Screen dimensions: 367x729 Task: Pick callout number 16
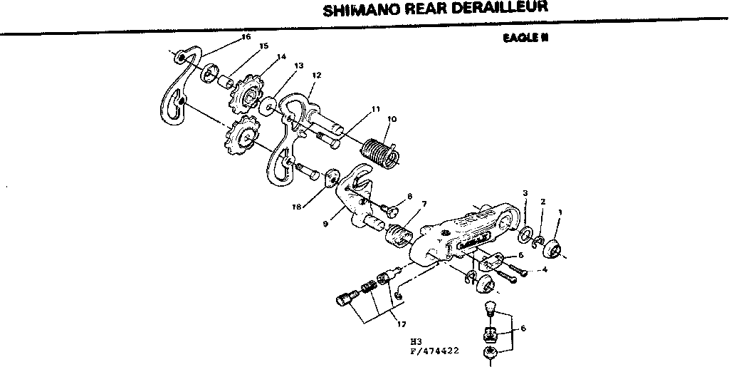pyautogui.click(x=246, y=36)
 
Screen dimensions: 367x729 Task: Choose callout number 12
pyautogui.click(x=317, y=75)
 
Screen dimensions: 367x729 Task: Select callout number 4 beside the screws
pyautogui.click(x=545, y=270)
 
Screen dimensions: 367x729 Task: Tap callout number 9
pyautogui.click(x=325, y=223)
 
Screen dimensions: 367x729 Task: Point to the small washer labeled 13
pyautogui.click(x=268, y=106)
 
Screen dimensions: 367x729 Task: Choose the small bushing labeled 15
pyautogui.click(x=227, y=81)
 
